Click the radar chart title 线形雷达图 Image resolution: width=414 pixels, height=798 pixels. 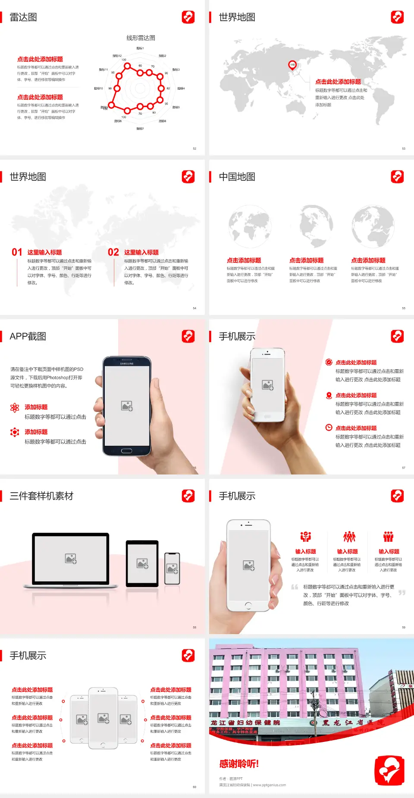tap(141, 38)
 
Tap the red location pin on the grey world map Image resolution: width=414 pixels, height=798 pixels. tap(292, 65)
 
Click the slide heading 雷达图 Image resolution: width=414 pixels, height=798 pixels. tap(23, 17)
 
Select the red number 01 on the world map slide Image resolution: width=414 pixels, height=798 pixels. tap(17, 252)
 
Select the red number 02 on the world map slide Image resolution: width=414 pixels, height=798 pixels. tap(113, 252)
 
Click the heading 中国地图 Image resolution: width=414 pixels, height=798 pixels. tap(237, 177)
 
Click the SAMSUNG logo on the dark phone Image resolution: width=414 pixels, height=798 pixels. tap(127, 364)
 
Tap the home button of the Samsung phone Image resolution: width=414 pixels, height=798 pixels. tap(126, 451)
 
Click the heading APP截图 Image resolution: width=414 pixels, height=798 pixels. tap(28, 336)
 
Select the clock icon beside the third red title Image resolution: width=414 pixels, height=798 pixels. tap(329, 427)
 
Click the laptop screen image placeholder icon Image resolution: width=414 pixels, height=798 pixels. tap(71, 559)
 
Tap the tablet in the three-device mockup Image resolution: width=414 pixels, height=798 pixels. tap(142, 563)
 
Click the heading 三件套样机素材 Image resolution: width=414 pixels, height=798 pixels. tap(41, 496)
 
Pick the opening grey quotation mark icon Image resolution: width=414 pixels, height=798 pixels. tap(295, 587)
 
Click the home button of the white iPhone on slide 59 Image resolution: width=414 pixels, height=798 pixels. tap(248, 606)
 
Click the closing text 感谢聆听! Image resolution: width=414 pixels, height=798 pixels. tap(239, 763)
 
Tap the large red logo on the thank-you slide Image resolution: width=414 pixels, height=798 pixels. tap(389, 770)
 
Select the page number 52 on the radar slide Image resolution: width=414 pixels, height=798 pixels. tap(194, 148)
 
